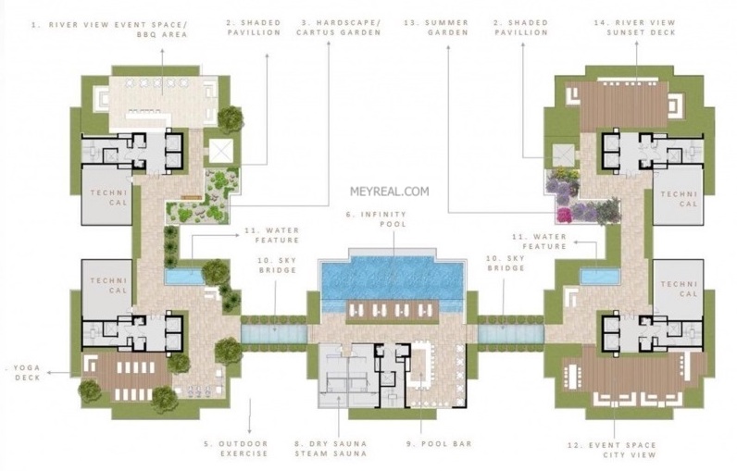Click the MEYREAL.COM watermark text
coord(389,192)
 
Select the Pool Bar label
coord(439,443)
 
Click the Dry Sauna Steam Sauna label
coord(331,449)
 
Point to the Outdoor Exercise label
coord(235,449)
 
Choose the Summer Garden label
coord(436,27)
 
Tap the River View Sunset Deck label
coord(641,27)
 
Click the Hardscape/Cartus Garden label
coord(339,27)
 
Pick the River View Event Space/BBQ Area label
coord(110,30)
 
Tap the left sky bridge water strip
coord(274,334)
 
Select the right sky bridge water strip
coord(511,334)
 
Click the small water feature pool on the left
coord(184,277)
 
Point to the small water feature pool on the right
coord(600,276)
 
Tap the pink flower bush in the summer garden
coord(564,215)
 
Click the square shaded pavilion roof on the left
coord(221,151)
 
